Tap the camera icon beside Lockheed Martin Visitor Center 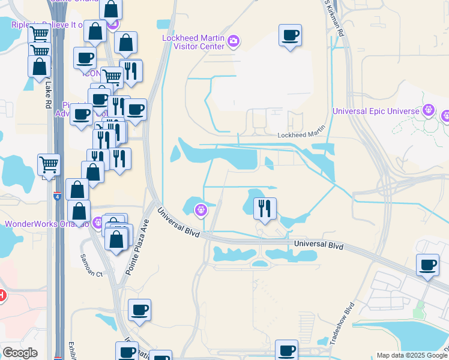coord(234,41)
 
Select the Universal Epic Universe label coord(376,111)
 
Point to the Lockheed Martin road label coord(301,135)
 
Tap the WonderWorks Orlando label coord(46,224)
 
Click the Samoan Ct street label coord(92,265)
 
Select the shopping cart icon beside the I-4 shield coord(48,163)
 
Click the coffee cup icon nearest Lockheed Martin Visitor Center coord(291,35)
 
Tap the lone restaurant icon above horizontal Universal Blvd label coord(265,208)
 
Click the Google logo coord(20,353)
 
